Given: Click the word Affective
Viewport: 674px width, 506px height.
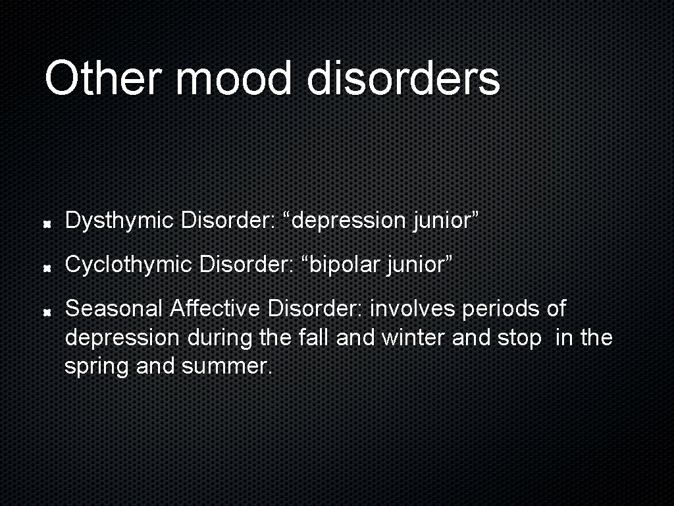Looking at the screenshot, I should (217, 308).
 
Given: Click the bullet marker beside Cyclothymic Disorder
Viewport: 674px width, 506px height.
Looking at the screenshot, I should (49, 268).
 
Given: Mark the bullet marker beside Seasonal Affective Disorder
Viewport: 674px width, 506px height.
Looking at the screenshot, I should (49, 312).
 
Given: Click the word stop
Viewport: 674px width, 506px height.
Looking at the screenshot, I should (519, 339).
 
